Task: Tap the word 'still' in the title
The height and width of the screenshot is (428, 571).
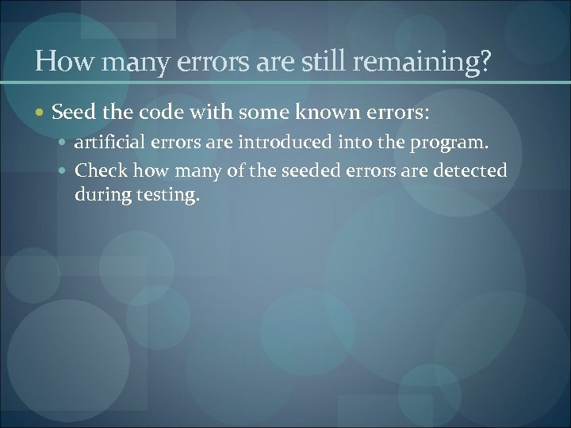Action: click(x=318, y=61)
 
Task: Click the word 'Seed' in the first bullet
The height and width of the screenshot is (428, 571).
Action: click(x=72, y=113)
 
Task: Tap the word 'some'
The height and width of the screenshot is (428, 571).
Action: click(x=255, y=113)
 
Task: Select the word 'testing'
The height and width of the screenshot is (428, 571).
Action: click(x=165, y=194)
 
